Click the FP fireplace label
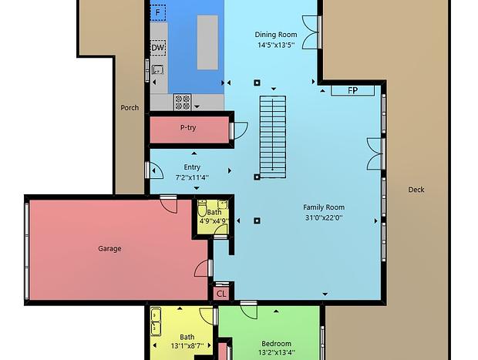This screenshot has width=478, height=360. click(x=352, y=90)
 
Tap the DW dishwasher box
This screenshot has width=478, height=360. click(x=158, y=48)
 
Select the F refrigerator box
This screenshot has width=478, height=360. click(x=158, y=13)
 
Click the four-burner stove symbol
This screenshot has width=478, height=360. click(x=182, y=102)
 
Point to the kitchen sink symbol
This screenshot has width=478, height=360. click(x=157, y=70)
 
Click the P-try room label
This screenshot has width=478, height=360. click(x=188, y=127)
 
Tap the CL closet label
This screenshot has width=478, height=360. click(x=221, y=294)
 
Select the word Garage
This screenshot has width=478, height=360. click(x=109, y=249)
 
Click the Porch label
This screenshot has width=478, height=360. click(x=130, y=108)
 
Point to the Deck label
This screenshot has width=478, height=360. click(x=416, y=190)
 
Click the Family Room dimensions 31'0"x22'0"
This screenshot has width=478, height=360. click(x=324, y=217)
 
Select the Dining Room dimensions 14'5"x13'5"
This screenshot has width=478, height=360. click(x=276, y=45)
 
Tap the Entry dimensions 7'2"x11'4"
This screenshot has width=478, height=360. click(x=192, y=177)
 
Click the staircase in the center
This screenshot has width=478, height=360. click(x=273, y=137)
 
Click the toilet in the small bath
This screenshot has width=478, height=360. click(x=202, y=209)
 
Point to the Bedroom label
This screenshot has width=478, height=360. click(x=276, y=344)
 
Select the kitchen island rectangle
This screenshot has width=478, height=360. click(x=207, y=42)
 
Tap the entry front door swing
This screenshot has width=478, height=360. click(x=155, y=170)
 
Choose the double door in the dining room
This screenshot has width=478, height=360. click(x=311, y=32)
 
